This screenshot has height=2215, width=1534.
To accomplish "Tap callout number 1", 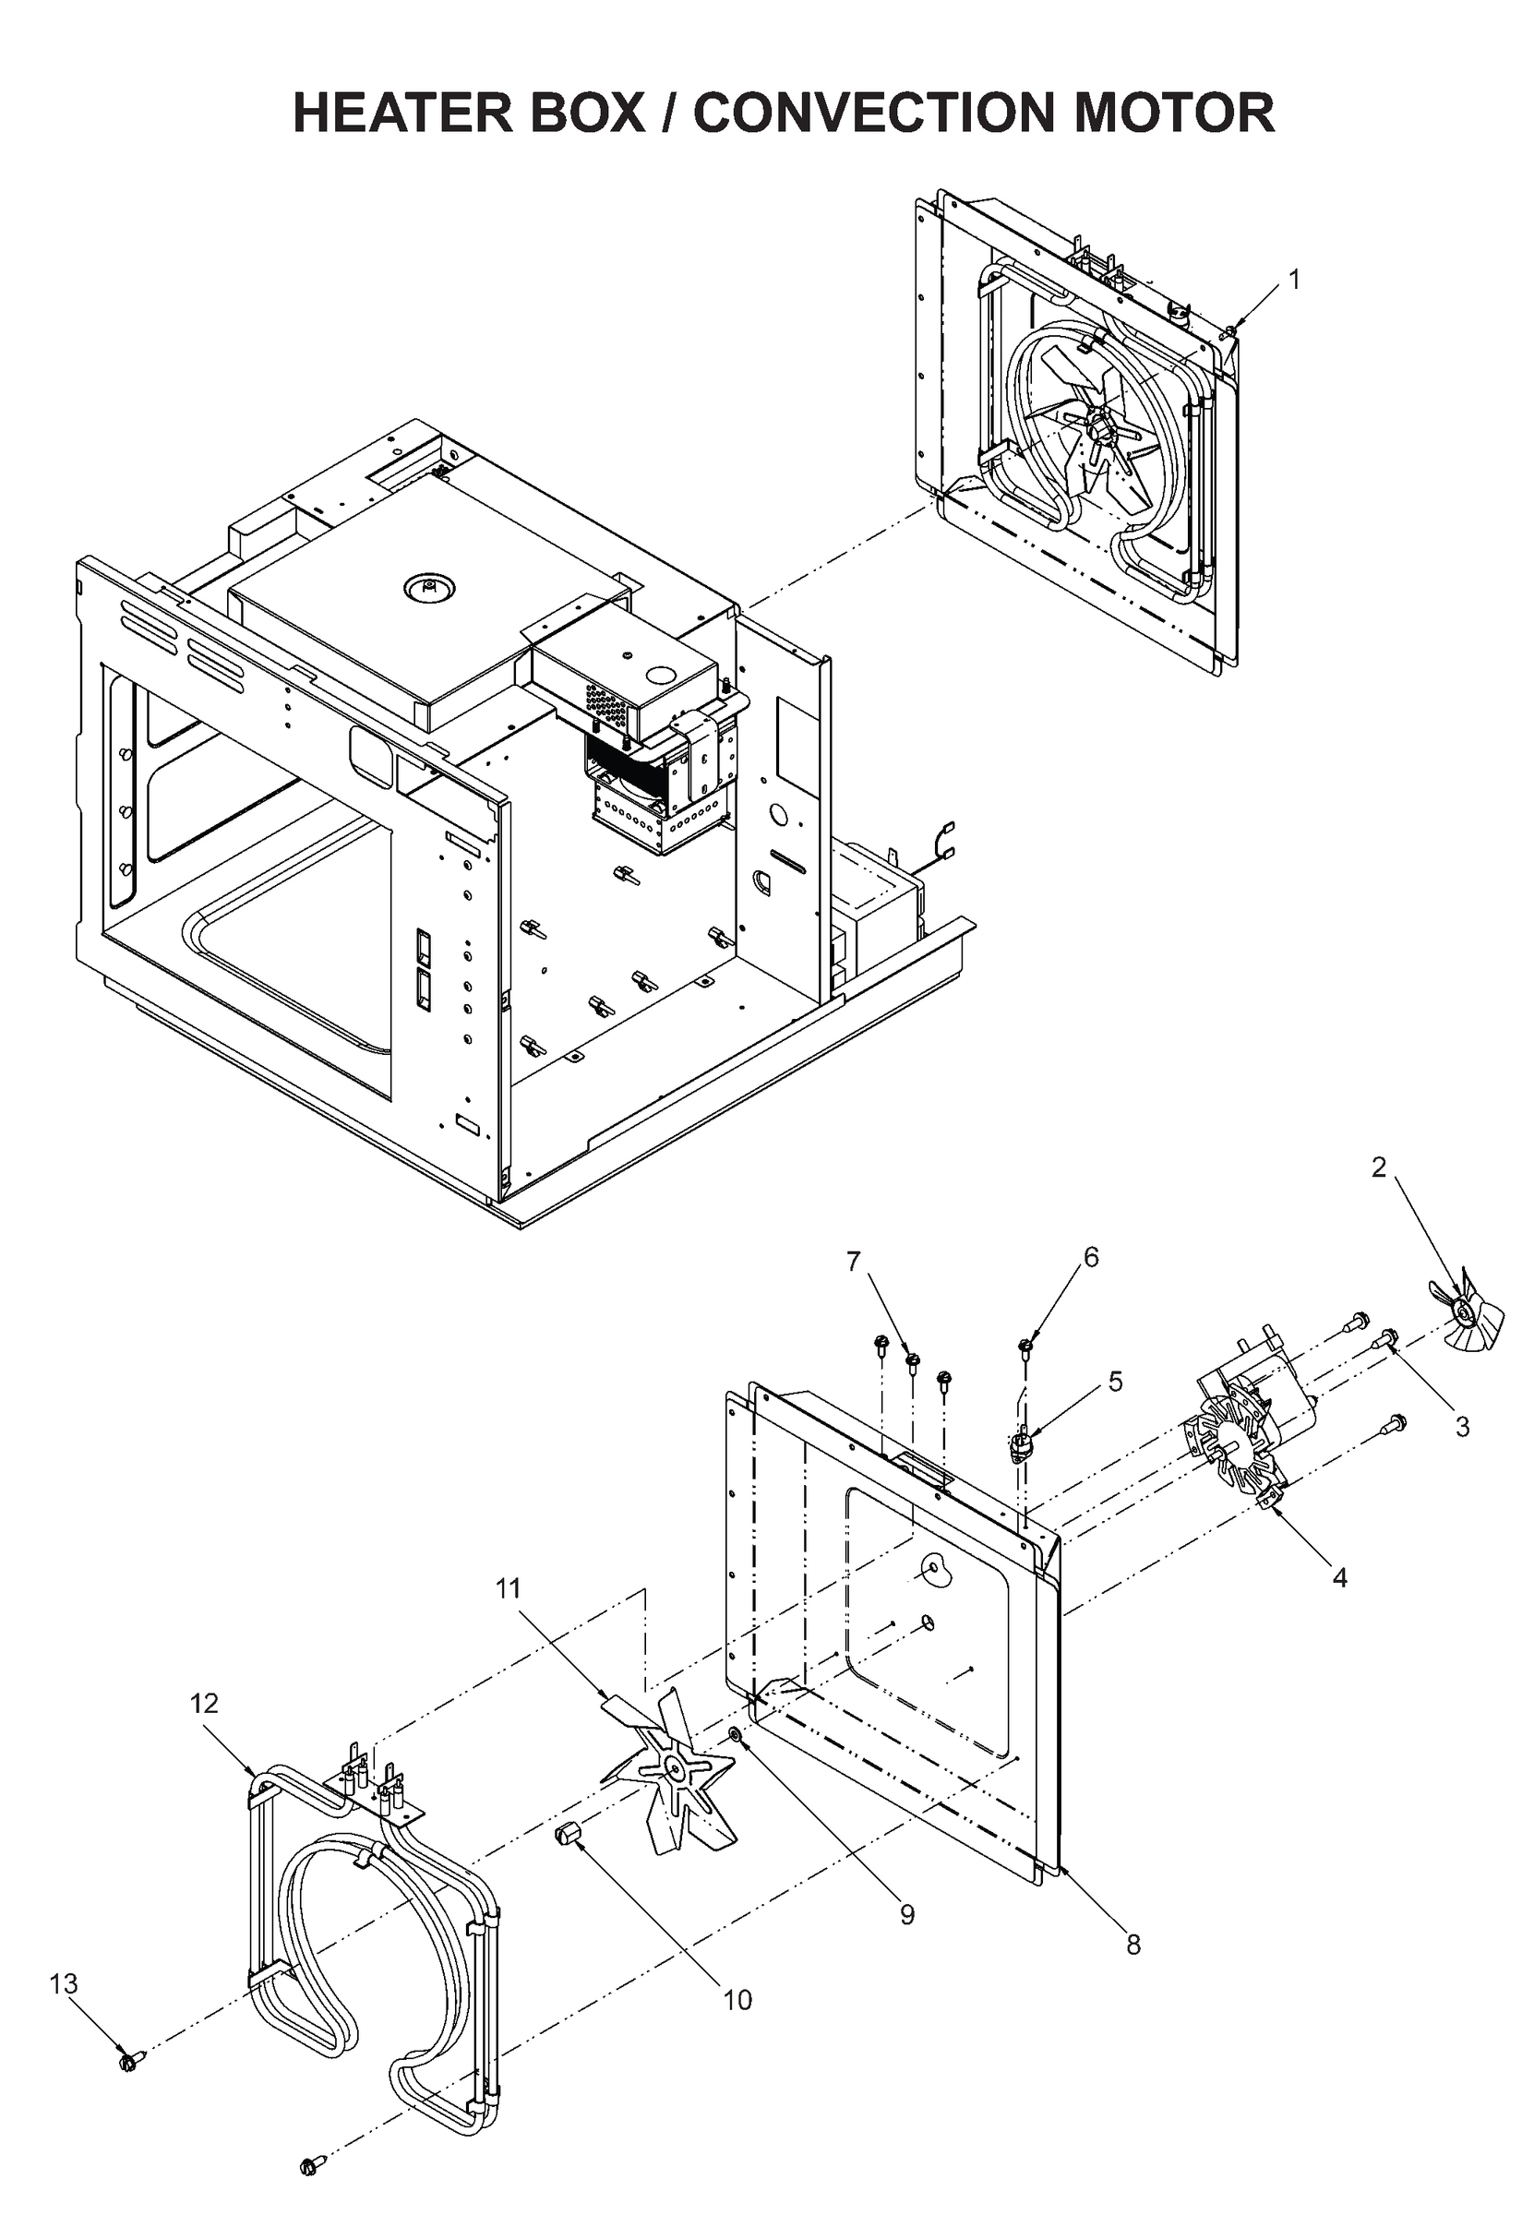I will click(1294, 280).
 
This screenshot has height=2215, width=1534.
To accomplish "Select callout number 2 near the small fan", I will click(1378, 1167).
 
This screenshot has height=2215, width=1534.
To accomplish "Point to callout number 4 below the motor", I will click(1339, 1577).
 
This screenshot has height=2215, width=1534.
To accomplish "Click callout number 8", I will click(1133, 1944).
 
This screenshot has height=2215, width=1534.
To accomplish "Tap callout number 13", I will click(64, 1983).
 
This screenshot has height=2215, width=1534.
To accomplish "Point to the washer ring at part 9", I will click(735, 1735).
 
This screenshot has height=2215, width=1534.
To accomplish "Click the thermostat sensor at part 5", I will click(1022, 1444).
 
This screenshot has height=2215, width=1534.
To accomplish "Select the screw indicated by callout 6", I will click(1026, 1346).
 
